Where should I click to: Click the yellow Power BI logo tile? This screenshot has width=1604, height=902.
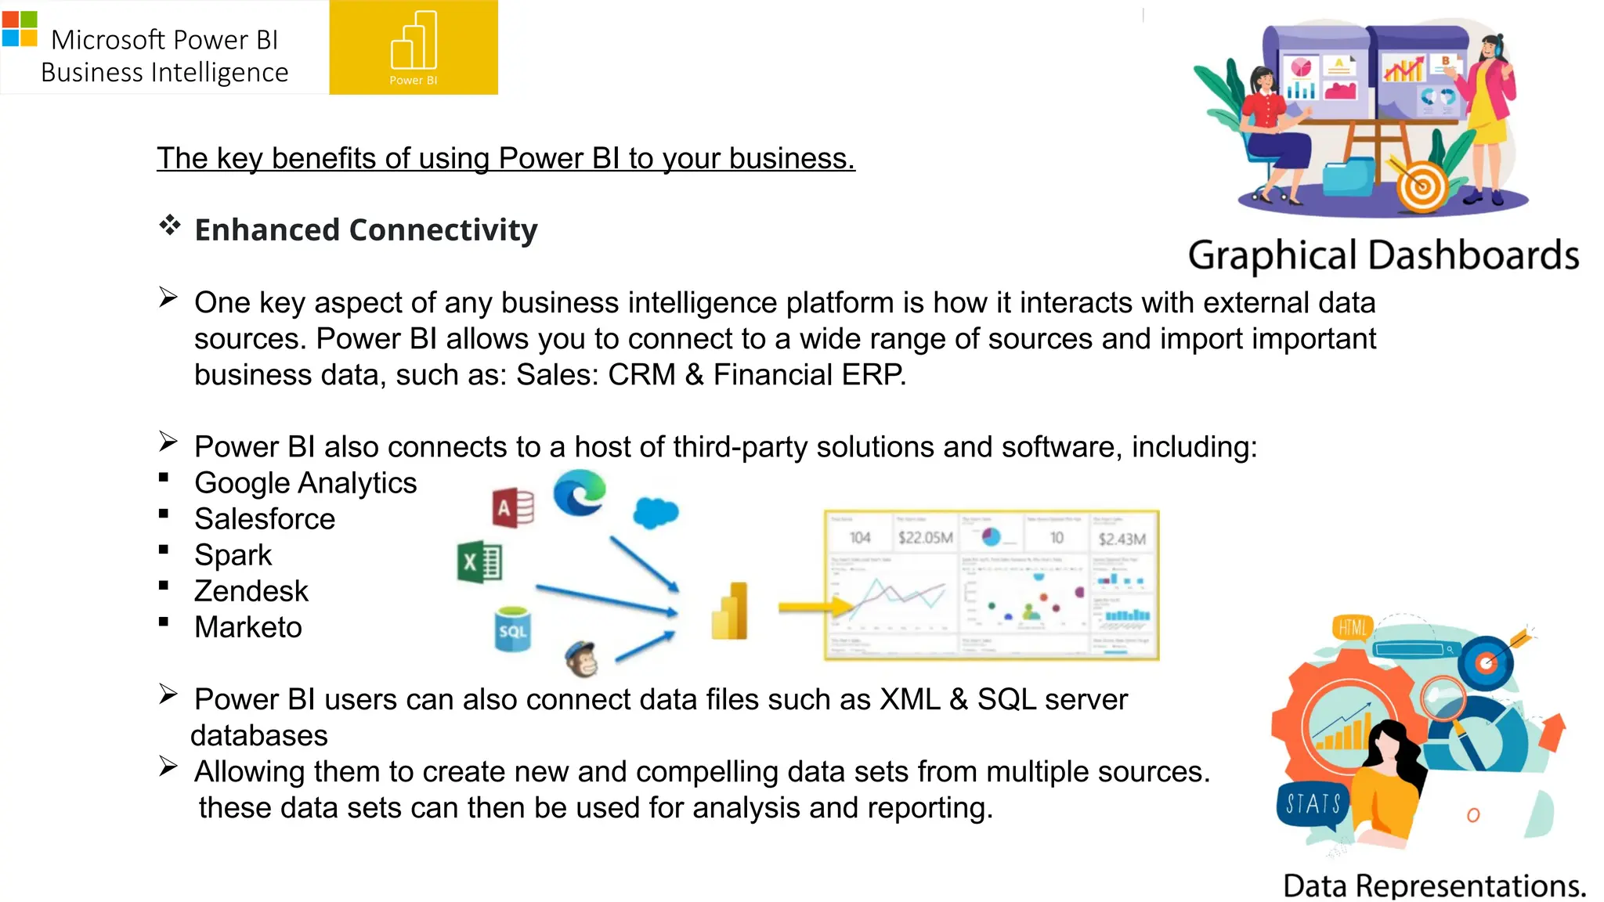click(x=414, y=47)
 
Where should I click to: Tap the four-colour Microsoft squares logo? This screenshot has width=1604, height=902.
click(x=20, y=29)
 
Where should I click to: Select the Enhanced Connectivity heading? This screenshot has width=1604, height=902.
click(x=366, y=230)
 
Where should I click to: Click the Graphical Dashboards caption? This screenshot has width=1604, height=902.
click(x=1383, y=256)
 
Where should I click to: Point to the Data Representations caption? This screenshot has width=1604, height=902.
click(x=1434, y=886)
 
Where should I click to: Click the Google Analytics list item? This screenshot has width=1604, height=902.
click(x=305, y=483)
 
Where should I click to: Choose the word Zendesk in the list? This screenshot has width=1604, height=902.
click(x=251, y=591)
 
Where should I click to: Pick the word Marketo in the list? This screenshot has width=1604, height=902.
click(x=248, y=627)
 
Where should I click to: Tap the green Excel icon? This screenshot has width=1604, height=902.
click(x=479, y=562)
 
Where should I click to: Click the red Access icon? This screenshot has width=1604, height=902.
click(x=513, y=507)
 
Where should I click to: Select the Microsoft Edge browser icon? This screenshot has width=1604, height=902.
click(x=580, y=492)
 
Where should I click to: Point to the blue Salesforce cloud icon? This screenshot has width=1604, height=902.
click(x=656, y=513)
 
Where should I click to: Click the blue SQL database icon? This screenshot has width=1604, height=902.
click(x=513, y=630)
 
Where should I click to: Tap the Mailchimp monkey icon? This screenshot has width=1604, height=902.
click(x=582, y=658)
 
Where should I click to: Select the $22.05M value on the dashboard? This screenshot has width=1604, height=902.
click(x=926, y=538)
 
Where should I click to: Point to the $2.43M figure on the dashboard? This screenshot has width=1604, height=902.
click(x=1122, y=539)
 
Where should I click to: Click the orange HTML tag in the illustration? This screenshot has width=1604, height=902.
click(x=1352, y=627)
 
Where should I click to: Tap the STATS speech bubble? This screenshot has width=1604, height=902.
click(x=1313, y=803)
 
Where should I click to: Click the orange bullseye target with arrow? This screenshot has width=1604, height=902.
click(x=1422, y=186)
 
